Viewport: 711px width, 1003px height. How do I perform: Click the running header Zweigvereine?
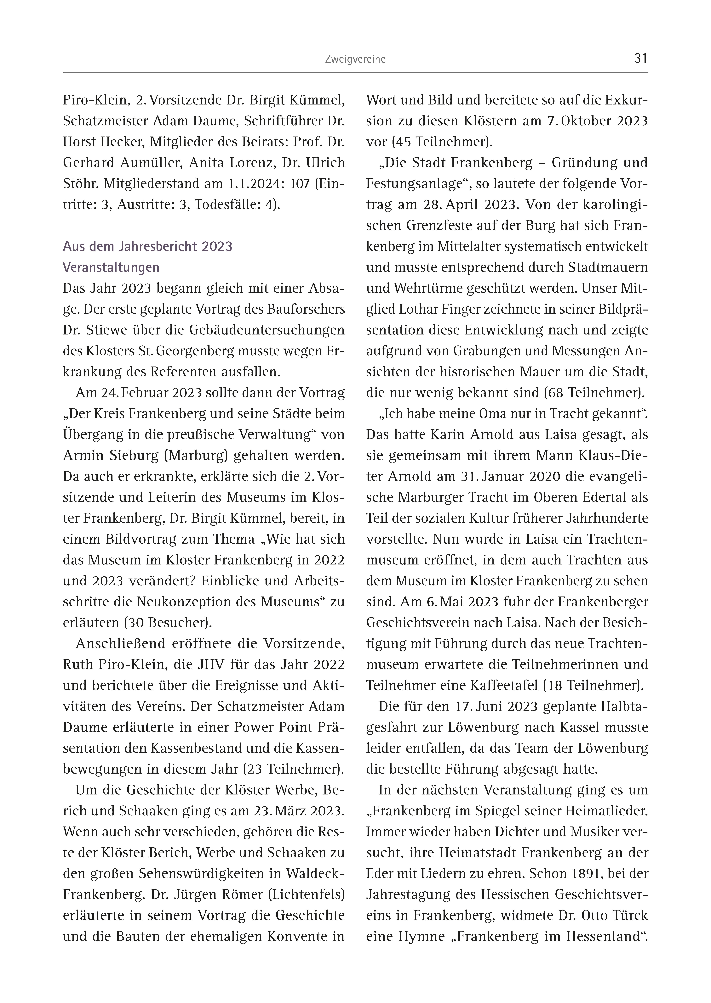(x=355, y=59)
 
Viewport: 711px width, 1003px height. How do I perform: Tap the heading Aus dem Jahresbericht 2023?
(x=148, y=246)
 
